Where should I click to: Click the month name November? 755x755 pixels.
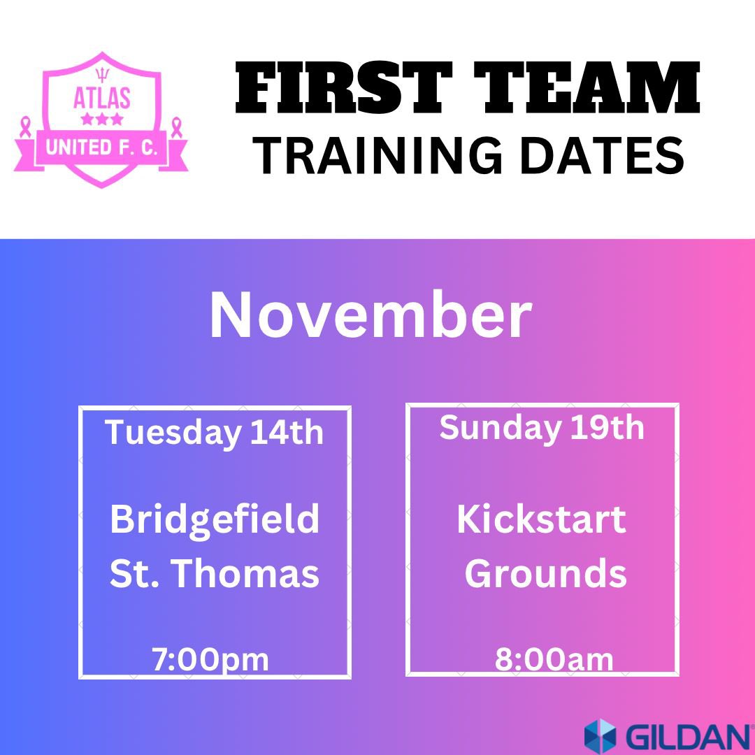(371, 316)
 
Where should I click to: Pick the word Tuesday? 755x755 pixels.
(172, 433)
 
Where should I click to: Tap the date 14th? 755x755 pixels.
(287, 433)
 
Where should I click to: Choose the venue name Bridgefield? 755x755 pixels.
(215, 519)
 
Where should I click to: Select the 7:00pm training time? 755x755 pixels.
(210, 660)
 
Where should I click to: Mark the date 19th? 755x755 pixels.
(607, 427)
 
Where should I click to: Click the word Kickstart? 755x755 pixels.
(541, 519)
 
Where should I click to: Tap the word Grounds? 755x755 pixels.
(545, 573)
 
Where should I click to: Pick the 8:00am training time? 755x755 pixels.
(554, 660)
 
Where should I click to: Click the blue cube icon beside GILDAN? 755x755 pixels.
(600, 736)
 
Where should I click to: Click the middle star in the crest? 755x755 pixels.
(102, 120)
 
